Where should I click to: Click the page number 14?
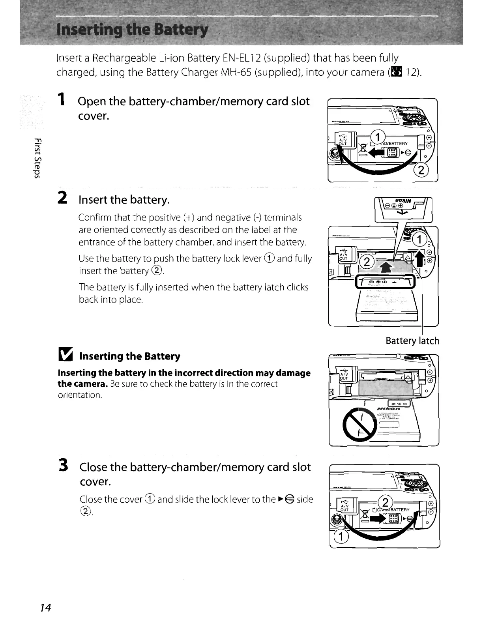[x=46, y=607]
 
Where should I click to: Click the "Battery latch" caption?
[x=412, y=341]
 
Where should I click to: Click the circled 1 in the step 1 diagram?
[x=378, y=137]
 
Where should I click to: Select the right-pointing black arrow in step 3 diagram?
[x=378, y=520]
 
